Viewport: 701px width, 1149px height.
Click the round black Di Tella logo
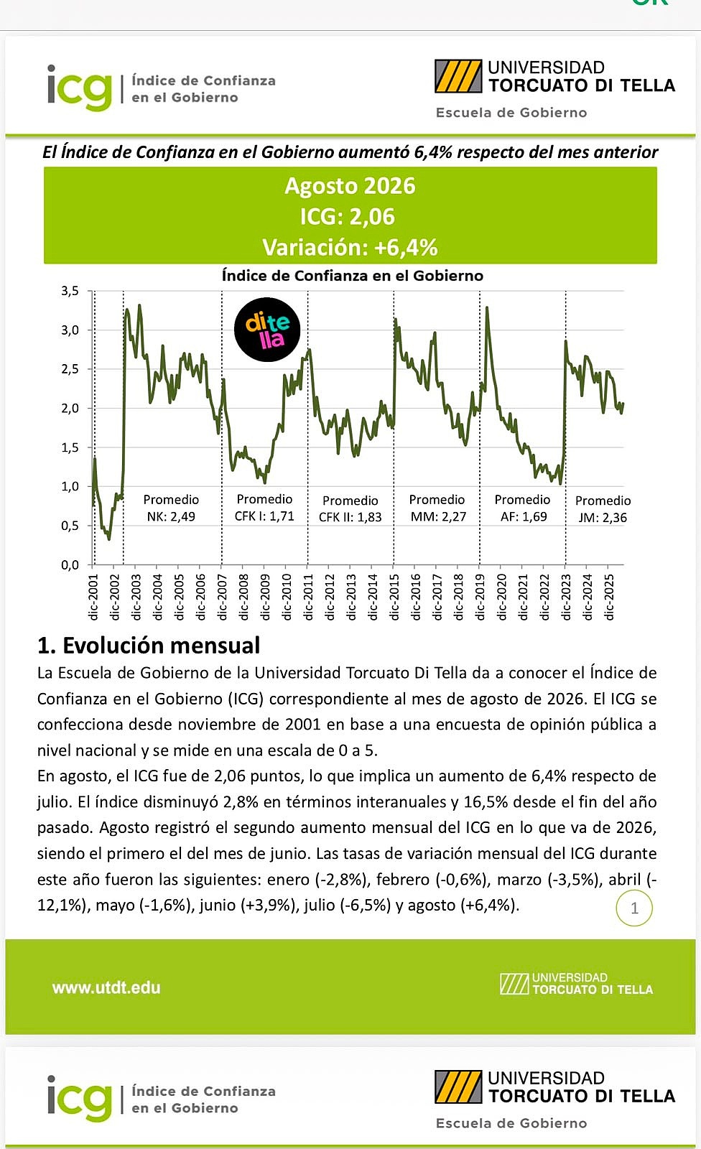[x=267, y=330]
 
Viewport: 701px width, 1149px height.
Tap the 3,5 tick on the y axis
[x=70, y=292]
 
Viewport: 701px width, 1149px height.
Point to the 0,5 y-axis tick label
[x=70, y=526]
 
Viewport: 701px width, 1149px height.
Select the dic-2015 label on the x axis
[x=394, y=597]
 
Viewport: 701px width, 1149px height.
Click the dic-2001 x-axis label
[x=93, y=597]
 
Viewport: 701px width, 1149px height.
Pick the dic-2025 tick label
[x=609, y=597]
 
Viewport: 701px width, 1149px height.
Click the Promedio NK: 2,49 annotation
[x=171, y=508]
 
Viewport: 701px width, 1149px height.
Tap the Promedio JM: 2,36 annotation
[x=603, y=509]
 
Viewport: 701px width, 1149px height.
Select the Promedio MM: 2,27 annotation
[x=437, y=508]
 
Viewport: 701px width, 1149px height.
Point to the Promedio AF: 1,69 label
[x=522, y=508]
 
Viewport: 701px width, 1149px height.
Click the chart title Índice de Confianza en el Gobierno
[x=353, y=276]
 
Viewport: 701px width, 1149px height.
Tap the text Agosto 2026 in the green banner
[x=350, y=186]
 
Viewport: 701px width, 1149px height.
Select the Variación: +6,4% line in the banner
[x=350, y=247]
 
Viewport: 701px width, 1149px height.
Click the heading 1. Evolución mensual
[x=149, y=646]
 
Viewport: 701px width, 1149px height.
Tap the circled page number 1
[x=634, y=908]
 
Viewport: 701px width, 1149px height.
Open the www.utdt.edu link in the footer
[x=106, y=987]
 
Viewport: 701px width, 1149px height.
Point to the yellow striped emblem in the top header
[x=458, y=76]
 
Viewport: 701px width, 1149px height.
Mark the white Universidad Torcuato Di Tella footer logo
[x=576, y=983]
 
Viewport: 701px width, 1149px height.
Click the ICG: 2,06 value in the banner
[x=348, y=216]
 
